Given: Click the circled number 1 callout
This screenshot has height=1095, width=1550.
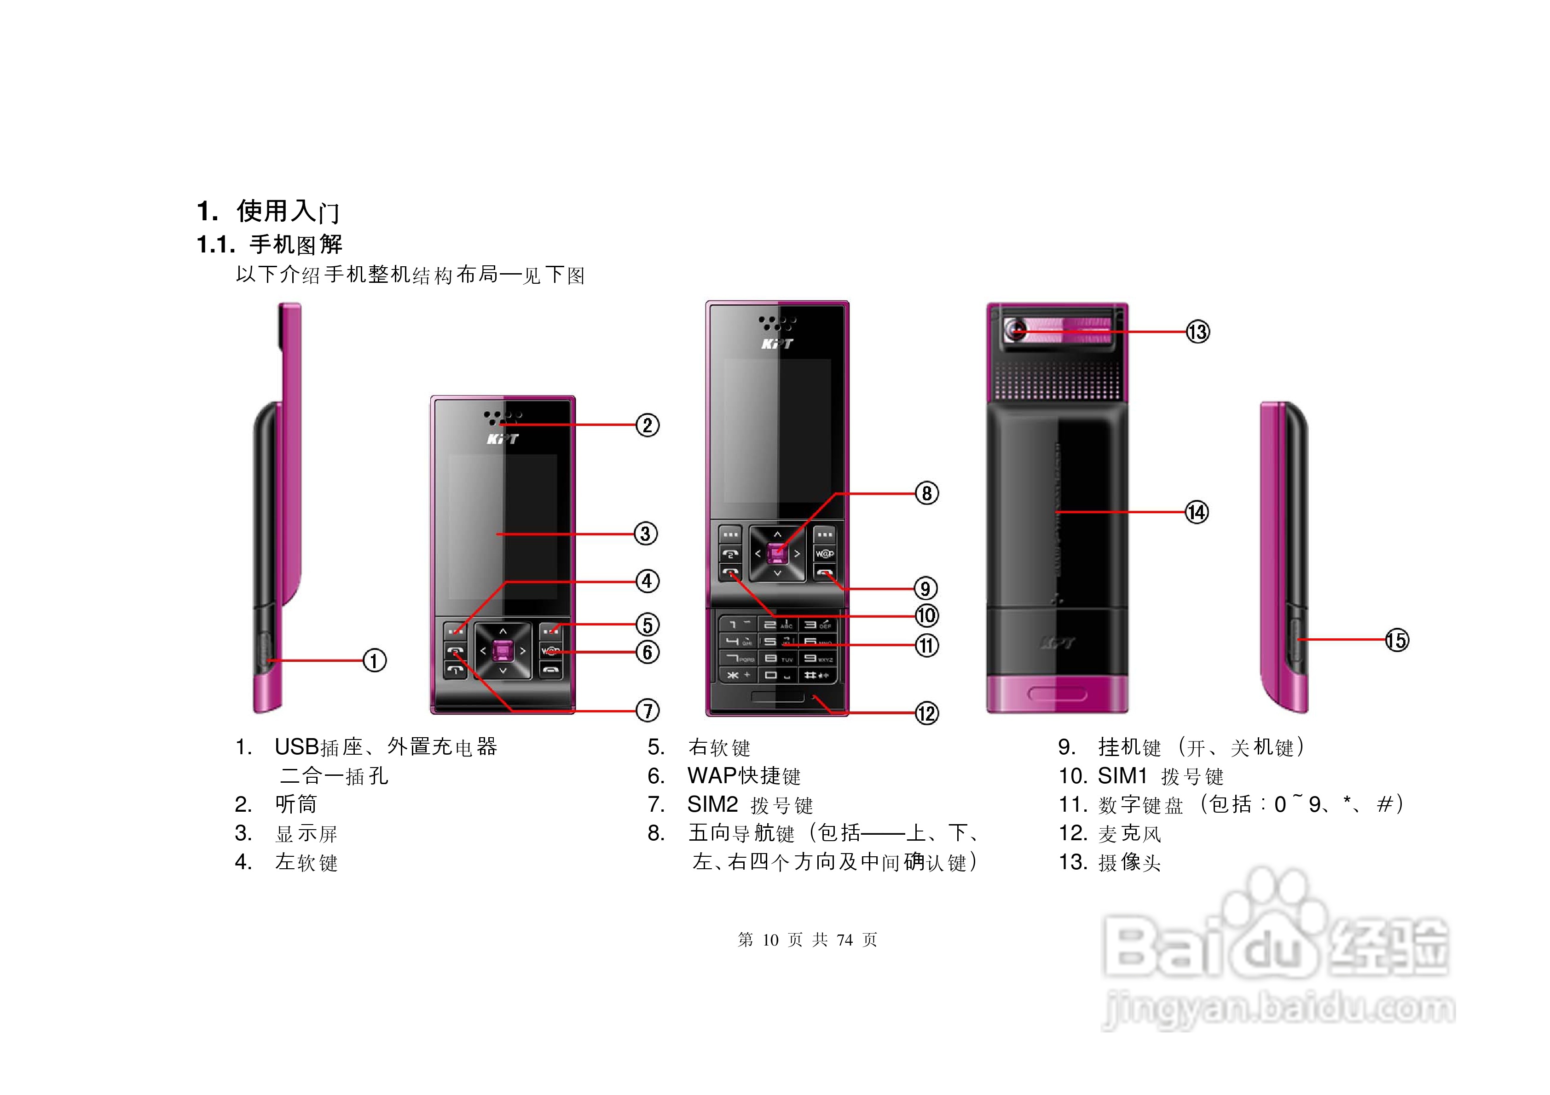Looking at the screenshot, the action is pyautogui.click(x=375, y=660).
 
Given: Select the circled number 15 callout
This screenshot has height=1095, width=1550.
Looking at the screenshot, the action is pyautogui.click(x=1397, y=640).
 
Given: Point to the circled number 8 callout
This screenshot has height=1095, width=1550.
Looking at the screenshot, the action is pyautogui.click(x=927, y=493).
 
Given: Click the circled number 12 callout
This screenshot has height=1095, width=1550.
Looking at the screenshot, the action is pyautogui.click(x=927, y=713).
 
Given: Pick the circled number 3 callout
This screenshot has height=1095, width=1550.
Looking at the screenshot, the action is pyautogui.click(x=646, y=533).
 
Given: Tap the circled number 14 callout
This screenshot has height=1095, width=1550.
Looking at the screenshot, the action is pyautogui.click(x=1197, y=512).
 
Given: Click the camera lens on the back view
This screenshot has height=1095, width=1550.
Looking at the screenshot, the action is pyautogui.click(x=1016, y=331).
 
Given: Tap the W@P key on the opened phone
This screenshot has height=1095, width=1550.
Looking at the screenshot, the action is pyautogui.click(x=824, y=554).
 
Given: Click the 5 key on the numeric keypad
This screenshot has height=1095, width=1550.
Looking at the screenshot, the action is pyautogui.click(x=770, y=641).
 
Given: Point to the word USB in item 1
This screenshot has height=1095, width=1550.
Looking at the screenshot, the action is pyautogui.click(x=296, y=747).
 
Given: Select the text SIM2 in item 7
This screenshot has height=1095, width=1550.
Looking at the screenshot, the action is pyautogui.click(x=712, y=804).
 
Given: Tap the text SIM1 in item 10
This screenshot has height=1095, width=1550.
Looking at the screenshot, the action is pyautogui.click(x=1122, y=776).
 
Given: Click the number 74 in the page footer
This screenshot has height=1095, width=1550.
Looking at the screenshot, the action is pyautogui.click(x=844, y=940).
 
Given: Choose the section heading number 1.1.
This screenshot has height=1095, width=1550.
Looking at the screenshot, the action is pyautogui.click(x=215, y=244).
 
